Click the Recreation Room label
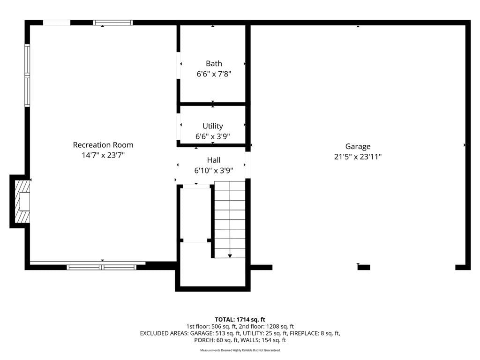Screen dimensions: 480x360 click(103, 145)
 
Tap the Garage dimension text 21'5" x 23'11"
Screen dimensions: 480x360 click(358, 157)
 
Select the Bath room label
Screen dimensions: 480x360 click(214, 63)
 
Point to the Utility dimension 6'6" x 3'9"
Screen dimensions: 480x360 click(213, 136)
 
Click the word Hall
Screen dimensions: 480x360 click(214, 160)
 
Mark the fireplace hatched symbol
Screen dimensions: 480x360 click(22, 201)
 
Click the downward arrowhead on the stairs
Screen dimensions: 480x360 click(230, 256)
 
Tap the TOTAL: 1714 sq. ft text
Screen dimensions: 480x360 click(240, 320)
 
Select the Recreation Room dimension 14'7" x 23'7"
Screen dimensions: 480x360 click(103, 155)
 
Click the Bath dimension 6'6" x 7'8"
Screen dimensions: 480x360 click(214, 74)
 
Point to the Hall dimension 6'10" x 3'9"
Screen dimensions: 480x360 click(214, 171)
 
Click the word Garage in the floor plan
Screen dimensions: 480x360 click(358, 147)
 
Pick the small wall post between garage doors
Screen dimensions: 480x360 click(364, 267)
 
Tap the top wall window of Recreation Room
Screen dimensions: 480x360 click(113, 22)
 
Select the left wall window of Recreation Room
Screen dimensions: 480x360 click(27, 75)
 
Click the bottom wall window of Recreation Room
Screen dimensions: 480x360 click(102, 267)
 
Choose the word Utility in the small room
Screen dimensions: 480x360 click(213, 126)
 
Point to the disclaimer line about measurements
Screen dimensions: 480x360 click(240, 350)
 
